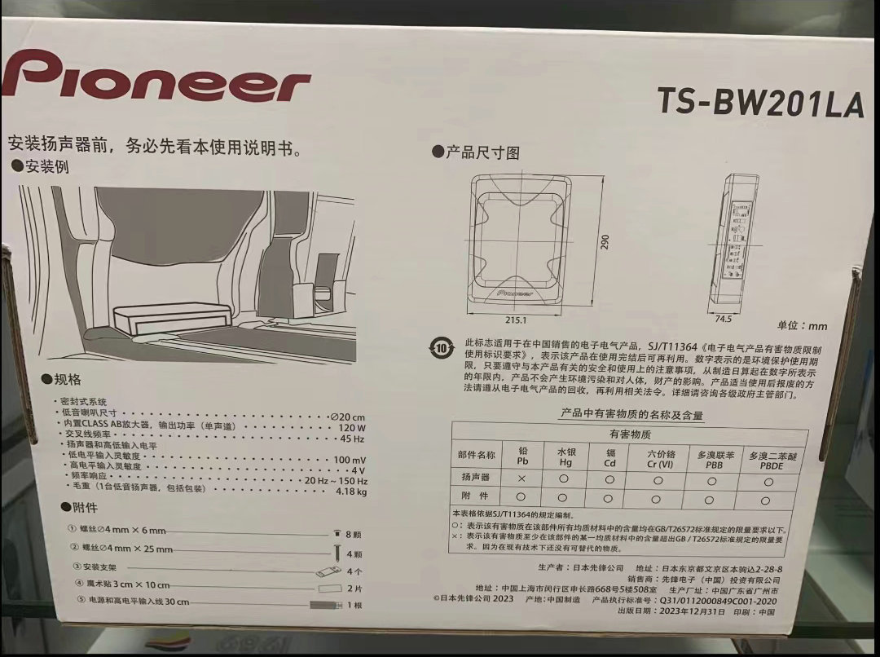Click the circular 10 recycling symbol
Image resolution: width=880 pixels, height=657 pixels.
point(441,349)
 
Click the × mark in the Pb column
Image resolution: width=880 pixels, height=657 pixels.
point(521,478)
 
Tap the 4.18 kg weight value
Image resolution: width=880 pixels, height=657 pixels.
point(351,492)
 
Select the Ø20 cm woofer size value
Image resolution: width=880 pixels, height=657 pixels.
point(347,416)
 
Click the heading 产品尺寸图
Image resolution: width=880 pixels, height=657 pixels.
point(482,152)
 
